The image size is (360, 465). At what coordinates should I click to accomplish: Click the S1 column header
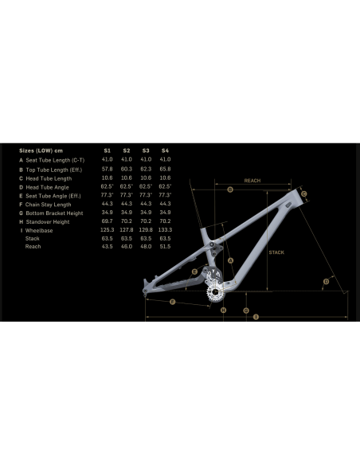pyautogui.click(x=108, y=150)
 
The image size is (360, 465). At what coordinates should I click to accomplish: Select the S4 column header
pyautogui.click(x=165, y=150)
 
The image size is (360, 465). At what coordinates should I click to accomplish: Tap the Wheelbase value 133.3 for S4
pyautogui.click(x=165, y=229)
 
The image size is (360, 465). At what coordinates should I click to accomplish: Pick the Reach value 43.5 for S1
pyautogui.click(x=108, y=247)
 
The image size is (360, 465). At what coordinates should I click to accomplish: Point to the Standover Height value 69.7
pyautogui.click(x=108, y=221)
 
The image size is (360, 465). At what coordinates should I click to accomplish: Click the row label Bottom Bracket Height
pyautogui.click(x=54, y=212)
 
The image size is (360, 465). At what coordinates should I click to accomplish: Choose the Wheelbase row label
pyautogui.click(x=39, y=229)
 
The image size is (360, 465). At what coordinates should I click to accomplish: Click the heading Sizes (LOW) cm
pyautogui.click(x=41, y=150)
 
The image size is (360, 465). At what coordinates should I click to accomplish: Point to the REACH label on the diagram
pyautogui.click(x=252, y=181)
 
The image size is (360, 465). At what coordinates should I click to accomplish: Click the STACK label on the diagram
pyautogui.click(x=276, y=252)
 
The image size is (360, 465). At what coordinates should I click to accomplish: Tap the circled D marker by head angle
pyautogui.click(x=327, y=281)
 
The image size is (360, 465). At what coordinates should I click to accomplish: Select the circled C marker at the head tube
pyautogui.click(x=304, y=193)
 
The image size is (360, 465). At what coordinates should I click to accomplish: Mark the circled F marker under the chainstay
pyautogui.click(x=172, y=300)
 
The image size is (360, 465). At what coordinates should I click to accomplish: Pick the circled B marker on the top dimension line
pyautogui.click(x=229, y=190)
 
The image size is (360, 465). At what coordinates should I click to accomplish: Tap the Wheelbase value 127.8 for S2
pyautogui.click(x=127, y=229)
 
